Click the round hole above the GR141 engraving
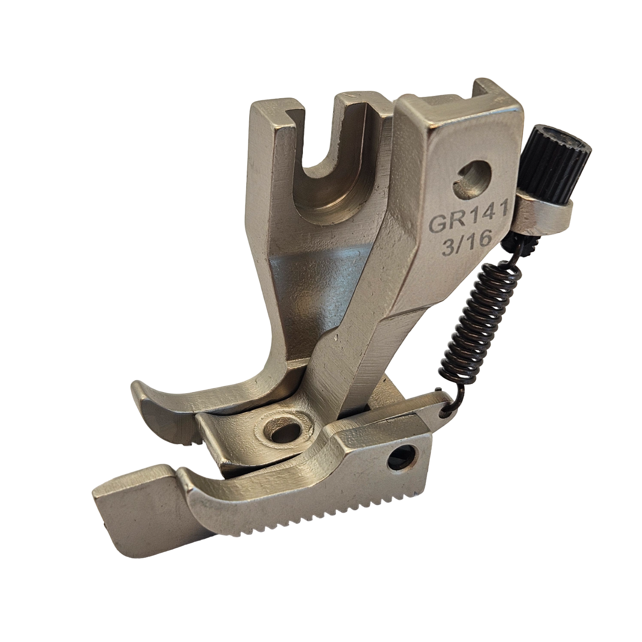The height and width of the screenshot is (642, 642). click(x=474, y=181)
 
